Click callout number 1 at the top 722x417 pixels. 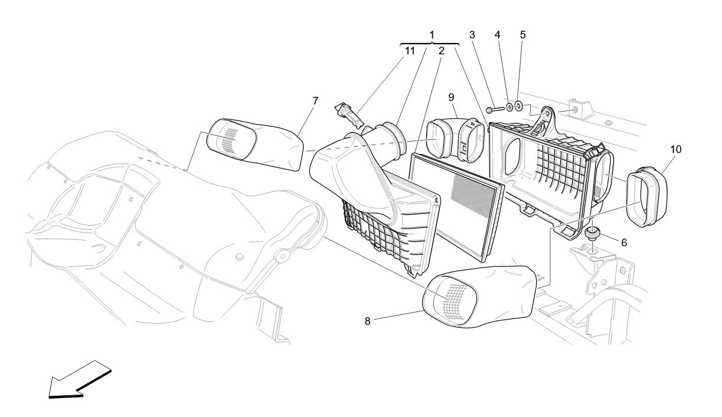[x=432, y=35]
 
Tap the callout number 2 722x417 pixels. [x=441, y=51]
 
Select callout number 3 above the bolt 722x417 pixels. [x=472, y=35]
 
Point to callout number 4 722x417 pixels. [x=498, y=35]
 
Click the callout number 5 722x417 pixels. [x=522, y=35]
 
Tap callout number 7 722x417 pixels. [x=315, y=101]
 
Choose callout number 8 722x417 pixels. [x=367, y=321]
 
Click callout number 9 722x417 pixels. [x=451, y=96]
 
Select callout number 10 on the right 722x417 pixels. [x=675, y=149]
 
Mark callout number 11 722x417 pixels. [x=410, y=51]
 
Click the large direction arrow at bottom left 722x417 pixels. [x=79, y=380]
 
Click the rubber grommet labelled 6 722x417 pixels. [x=591, y=232]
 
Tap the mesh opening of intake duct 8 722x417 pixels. [x=453, y=299]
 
